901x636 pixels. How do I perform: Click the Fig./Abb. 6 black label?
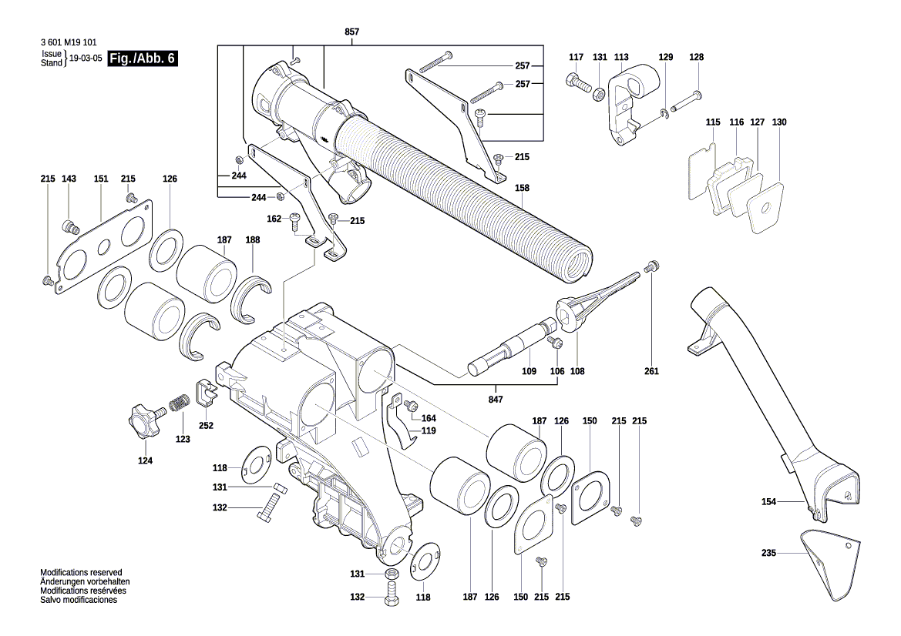tap(143, 59)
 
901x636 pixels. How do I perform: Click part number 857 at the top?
tap(351, 32)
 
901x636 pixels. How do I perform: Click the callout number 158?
tap(523, 187)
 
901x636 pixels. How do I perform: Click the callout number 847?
tap(496, 400)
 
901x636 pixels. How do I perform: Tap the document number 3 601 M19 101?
tap(68, 43)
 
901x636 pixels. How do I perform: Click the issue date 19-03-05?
tap(86, 59)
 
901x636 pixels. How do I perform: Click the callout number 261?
tap(652, 371)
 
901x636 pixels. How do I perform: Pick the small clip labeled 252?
tap(205, 392)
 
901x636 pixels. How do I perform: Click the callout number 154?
tap(768, 502)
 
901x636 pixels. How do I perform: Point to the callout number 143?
tap(69, 179)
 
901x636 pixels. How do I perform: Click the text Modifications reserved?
tap(81, 573)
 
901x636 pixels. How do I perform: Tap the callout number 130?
tap(779, 122)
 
